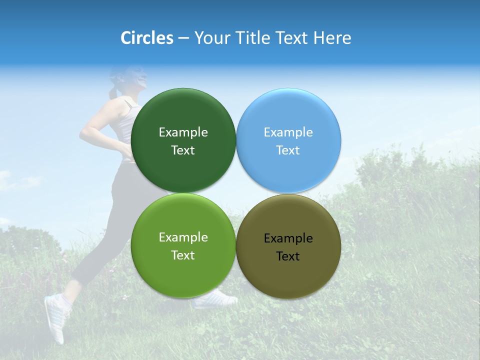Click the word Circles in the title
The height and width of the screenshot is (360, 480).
coord(147,38)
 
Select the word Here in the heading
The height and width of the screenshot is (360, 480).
coord(332,38)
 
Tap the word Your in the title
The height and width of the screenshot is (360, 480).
coord(211,38)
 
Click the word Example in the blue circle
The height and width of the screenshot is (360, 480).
coord(288,132)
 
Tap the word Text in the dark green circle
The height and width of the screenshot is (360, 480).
coord(183,150)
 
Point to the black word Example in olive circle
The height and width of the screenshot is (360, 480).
coord(288,238)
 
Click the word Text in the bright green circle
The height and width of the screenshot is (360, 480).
coord(183,255)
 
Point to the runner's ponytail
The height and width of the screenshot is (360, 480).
coord(114,91)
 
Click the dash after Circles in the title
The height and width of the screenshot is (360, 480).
coord(183,38)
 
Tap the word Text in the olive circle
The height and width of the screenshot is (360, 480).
coord(288,256)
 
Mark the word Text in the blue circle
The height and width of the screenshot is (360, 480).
coord(288,150)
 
